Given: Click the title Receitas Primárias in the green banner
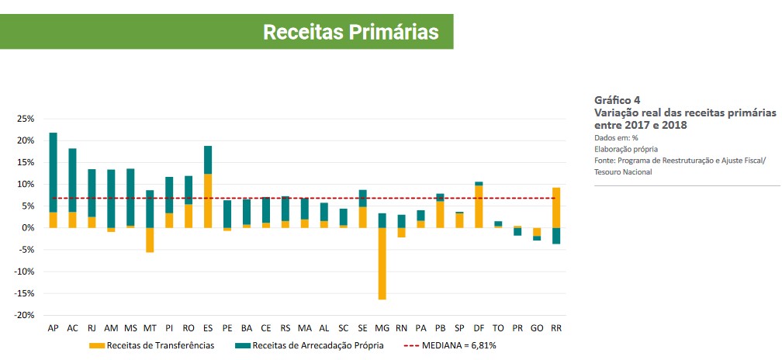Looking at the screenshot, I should coord(351,32).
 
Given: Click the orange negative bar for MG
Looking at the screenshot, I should coord(382,263).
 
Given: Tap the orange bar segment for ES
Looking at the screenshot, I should coord(208,200).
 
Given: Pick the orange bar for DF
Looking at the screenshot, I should coord(479,206).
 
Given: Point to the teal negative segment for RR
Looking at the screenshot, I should coord(556,236).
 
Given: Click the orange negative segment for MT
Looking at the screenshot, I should coord(150,240).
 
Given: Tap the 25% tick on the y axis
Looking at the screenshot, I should coord(26,119).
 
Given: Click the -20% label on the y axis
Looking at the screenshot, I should coord(24,315).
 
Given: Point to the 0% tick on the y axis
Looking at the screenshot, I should coord(28,228).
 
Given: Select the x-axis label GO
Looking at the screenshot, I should coord(537,329).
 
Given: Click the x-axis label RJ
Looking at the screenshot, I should coord(92,329).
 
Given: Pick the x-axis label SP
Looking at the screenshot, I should coord(459,329).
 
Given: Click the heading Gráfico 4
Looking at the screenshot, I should coord(618,100).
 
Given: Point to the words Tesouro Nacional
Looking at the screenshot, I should coord(623,172).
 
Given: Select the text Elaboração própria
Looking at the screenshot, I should coord(626,149).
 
